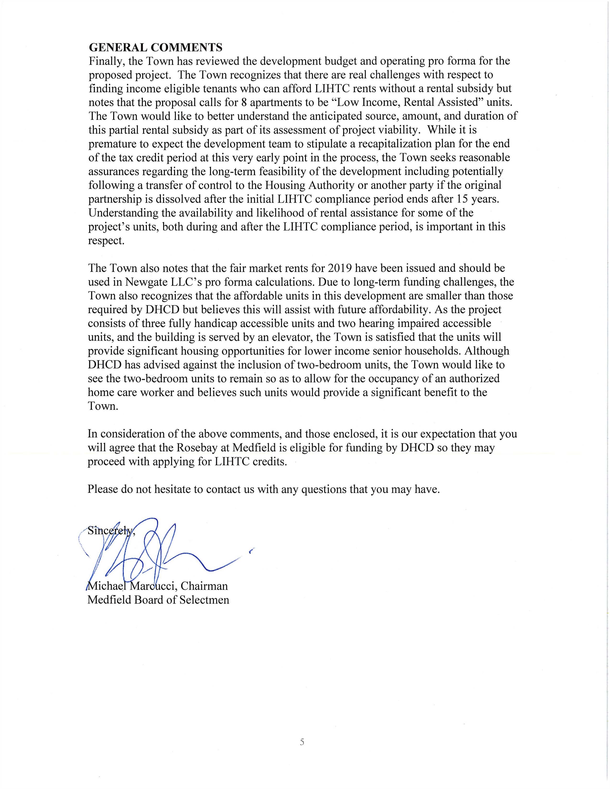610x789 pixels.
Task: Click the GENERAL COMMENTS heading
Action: [155, 47]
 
